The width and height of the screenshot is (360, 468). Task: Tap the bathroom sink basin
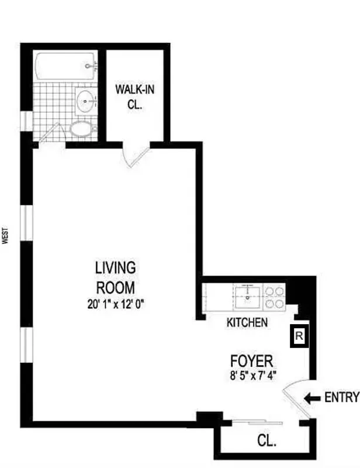click(86, 102)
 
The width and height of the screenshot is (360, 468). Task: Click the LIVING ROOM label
click(115, 277)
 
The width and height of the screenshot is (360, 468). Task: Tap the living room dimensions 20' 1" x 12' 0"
click(115, 304)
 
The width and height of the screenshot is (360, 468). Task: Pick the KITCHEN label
click(247, 322)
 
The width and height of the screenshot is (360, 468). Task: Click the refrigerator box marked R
click(298, 336)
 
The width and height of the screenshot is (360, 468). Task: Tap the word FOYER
click(252, 360)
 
